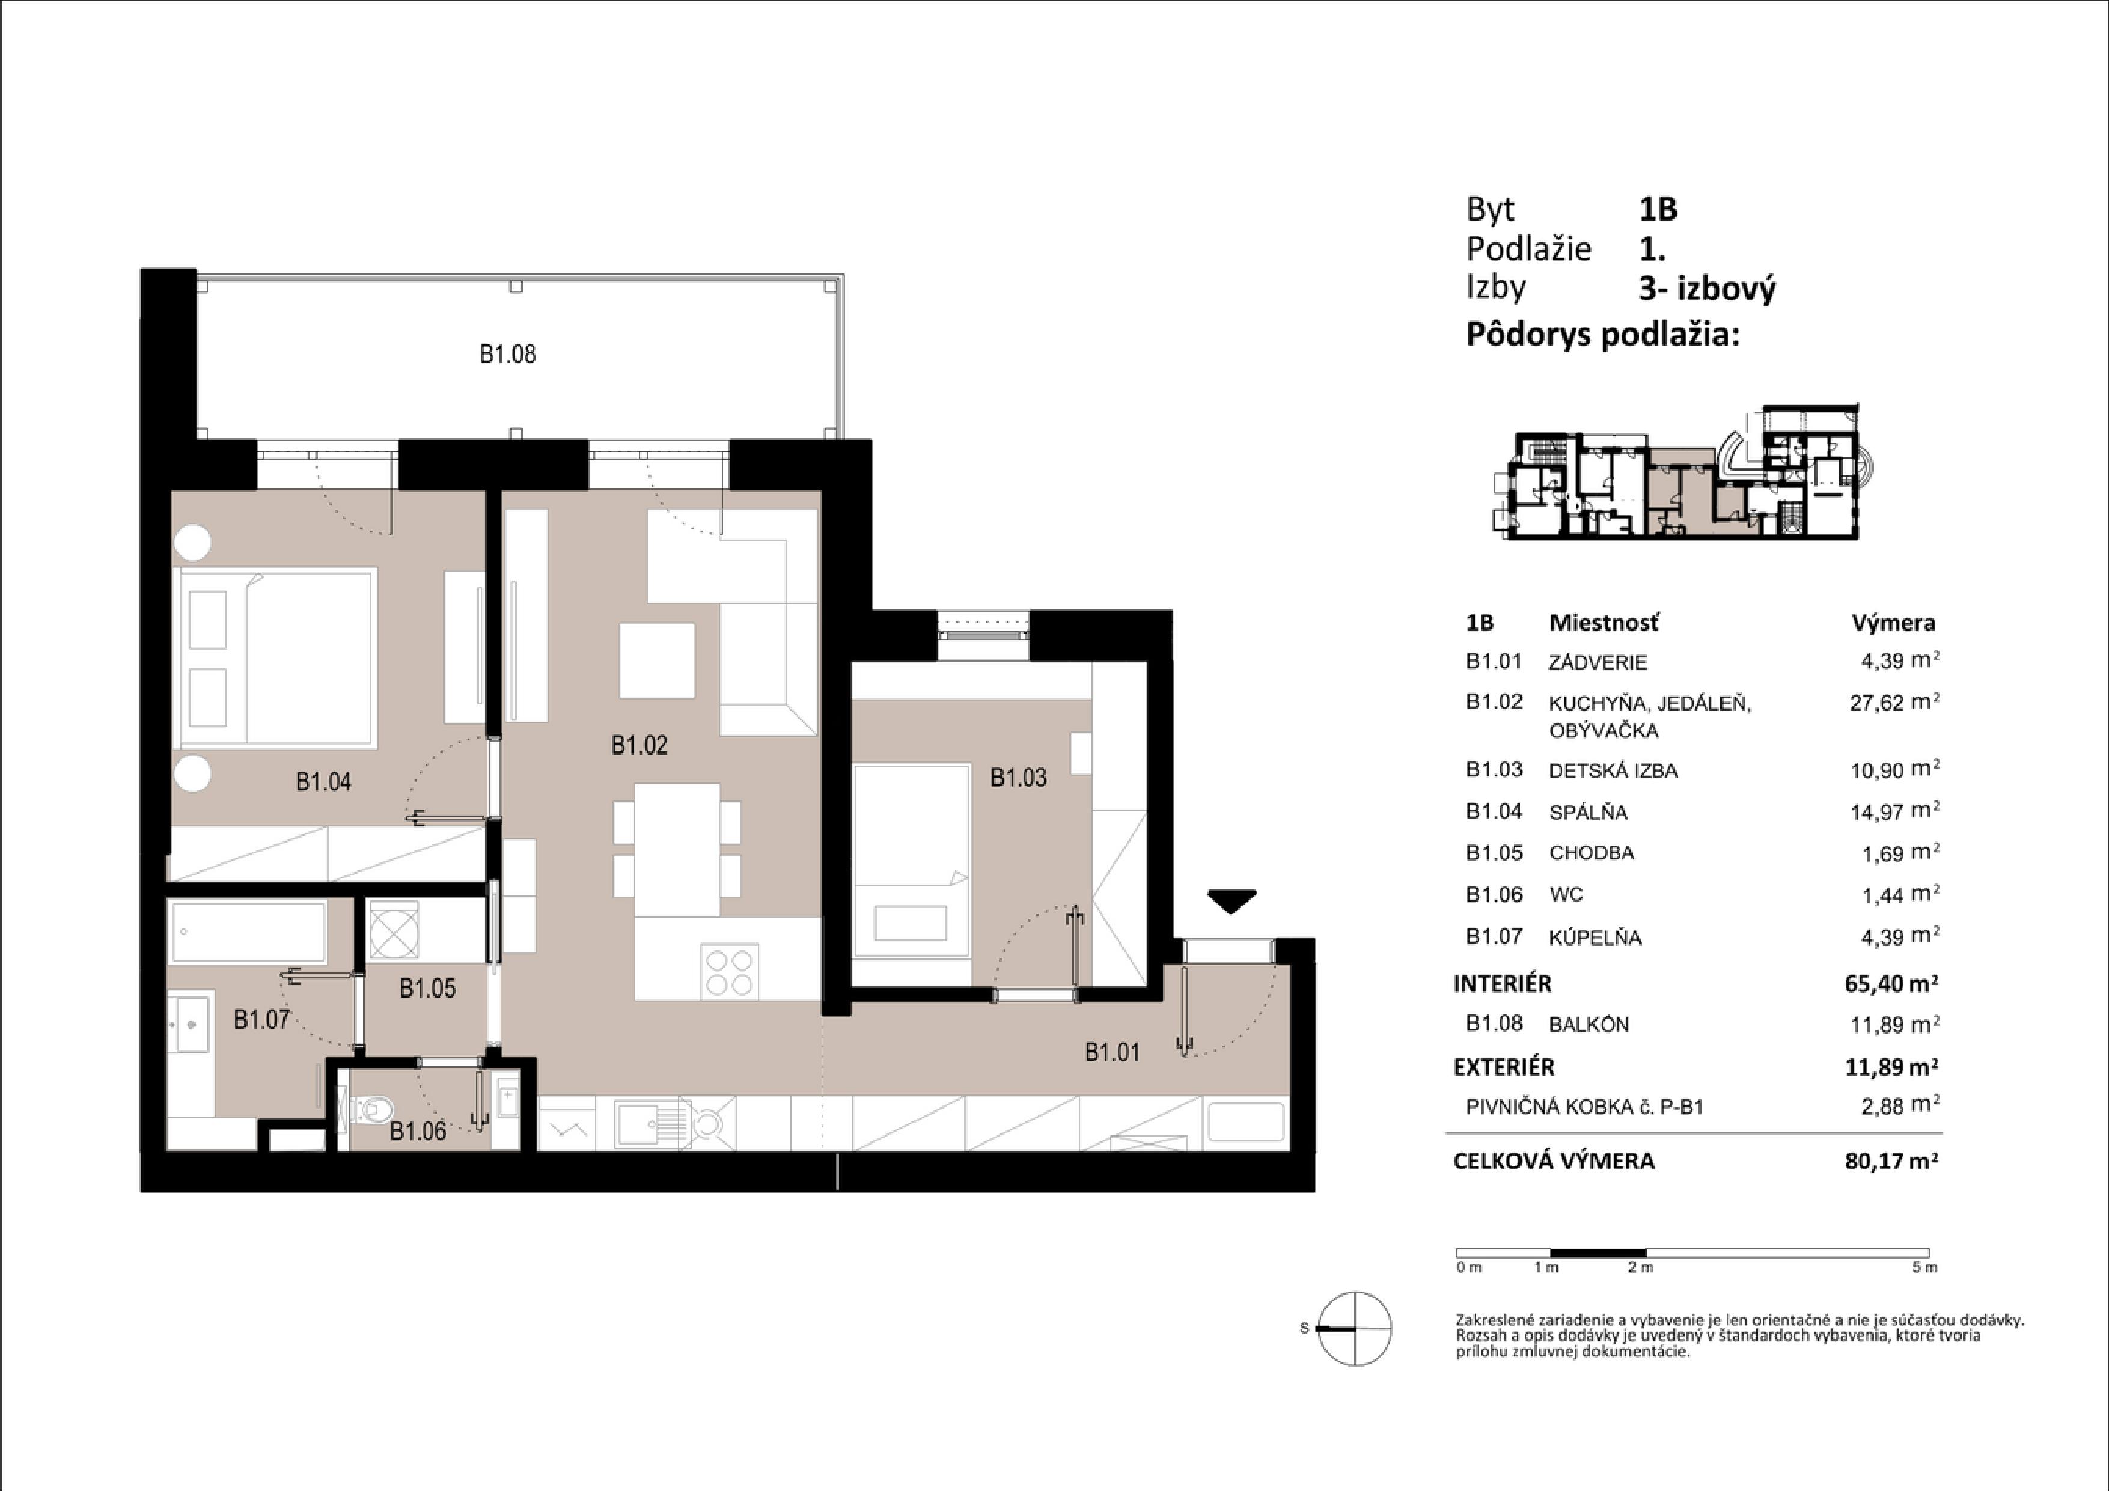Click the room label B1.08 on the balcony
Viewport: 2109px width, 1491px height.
[x=507, y=355]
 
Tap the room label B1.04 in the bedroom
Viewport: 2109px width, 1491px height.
[x=323, y=782]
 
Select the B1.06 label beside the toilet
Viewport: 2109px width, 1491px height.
[x=418, y=1131]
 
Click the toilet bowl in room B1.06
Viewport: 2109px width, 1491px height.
[x=369, y=1110]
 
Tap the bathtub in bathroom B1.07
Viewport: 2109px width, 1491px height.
[x=247, y=931]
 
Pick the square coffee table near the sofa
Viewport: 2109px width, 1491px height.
[x=657, y=660]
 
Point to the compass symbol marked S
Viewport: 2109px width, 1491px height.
[x=1354, y=1328]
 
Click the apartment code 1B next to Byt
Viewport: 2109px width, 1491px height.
[x=1659, y=210]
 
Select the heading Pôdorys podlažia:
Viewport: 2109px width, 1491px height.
[x=1603, y=334]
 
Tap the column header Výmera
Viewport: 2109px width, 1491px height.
[x=1893, y=623]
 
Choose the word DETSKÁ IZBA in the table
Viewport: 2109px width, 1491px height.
[x=1613, y=771]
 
